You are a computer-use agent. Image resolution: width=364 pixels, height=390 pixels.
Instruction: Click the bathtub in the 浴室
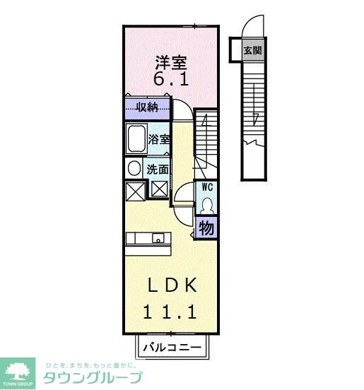tap(136, 139)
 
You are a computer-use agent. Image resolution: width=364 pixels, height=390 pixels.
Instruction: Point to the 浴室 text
tap(159, 139)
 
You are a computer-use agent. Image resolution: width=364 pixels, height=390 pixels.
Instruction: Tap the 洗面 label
tap(158, 170)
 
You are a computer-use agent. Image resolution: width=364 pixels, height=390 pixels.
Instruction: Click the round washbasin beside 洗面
tap(134, 168)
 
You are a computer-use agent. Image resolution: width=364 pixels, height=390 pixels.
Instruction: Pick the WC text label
tap(207, 188)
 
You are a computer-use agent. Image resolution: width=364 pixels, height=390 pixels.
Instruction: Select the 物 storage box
tap(206, 227)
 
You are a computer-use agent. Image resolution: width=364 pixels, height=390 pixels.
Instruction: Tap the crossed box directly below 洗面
tap(159, 190)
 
